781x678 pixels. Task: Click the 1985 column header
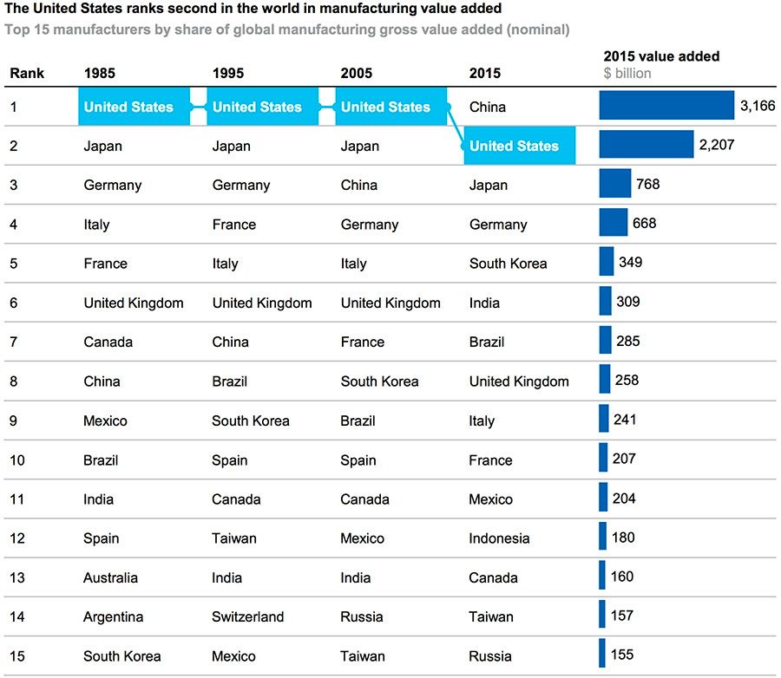click(100, 74)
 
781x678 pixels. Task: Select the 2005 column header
click(357, 74)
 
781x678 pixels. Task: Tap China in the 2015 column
click(488, 108)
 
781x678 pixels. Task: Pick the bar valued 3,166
click(666, 105)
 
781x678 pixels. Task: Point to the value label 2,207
click(716, 145)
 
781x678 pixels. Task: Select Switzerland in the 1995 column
click(247, 617)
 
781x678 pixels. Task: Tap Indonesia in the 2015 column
click(499, 538)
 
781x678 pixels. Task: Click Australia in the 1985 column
click(110, 578)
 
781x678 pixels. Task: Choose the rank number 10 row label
click(17, 460)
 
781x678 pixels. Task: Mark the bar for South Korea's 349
click(606, 262)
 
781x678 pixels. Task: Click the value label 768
click(647, 184)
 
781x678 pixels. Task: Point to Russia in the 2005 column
click(362, 617)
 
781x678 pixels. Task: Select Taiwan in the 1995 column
click(234, 538)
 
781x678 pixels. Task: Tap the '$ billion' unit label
click(627, 74)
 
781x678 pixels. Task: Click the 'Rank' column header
click(27, 74)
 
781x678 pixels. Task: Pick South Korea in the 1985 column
click(122, 656)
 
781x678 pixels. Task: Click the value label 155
click(622, 655)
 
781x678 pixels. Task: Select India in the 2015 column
click(484, 303)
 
